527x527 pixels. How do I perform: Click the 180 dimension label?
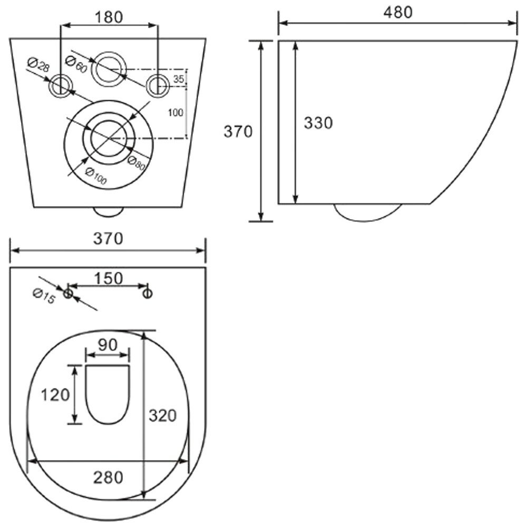click(109, 17)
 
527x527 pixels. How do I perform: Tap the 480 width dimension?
click(398, 13)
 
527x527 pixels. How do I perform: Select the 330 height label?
click(318, 123)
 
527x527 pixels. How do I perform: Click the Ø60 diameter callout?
click(76, 64)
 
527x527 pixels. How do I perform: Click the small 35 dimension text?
click(179, 79)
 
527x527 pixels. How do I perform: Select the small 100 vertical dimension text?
click(175, 113)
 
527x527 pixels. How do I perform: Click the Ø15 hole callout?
click(44, 296)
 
